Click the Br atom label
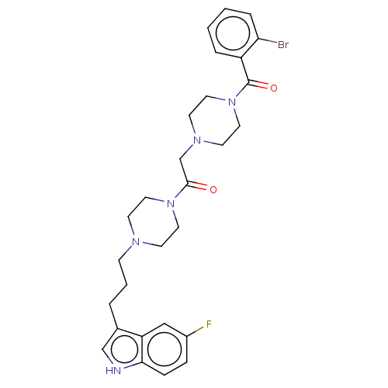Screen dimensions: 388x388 point(283,45)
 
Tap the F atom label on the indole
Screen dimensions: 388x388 point(209,324)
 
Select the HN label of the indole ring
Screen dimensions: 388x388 point(113,371)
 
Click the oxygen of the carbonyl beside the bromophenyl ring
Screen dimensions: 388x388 point(274,88)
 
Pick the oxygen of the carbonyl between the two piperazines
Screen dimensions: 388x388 point(213,189)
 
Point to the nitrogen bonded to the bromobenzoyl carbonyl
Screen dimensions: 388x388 point(232,102)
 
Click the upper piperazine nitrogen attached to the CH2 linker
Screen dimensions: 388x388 point(197,140)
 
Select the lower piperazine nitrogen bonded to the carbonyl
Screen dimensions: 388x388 point(171,204)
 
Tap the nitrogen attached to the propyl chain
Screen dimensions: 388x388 point(136,242)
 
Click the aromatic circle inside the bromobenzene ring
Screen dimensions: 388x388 point(233,33)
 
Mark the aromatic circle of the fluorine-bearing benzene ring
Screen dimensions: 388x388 point(165,349)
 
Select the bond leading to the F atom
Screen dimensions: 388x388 point(196,331)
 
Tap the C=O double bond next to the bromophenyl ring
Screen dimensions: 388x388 point(258,85)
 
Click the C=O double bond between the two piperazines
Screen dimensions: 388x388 point(197,186)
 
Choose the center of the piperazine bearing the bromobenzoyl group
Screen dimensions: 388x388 point(215,121)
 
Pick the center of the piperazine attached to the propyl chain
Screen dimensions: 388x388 point(154,223)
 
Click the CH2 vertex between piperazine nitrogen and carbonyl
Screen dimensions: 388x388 point(180,158)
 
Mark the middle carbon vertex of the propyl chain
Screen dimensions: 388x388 point(126,286)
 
